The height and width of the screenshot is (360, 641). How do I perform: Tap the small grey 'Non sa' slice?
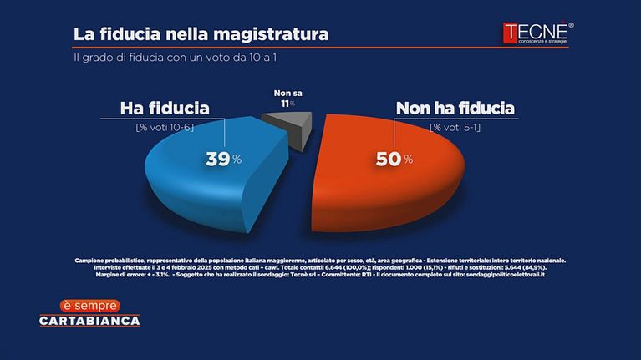point(288,127)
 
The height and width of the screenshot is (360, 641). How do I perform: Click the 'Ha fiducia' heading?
point(165,108)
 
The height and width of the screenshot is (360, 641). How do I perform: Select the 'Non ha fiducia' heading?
point(455,108)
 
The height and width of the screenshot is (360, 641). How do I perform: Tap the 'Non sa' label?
point(287,94)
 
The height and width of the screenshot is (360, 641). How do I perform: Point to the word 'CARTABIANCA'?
point(89,321)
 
